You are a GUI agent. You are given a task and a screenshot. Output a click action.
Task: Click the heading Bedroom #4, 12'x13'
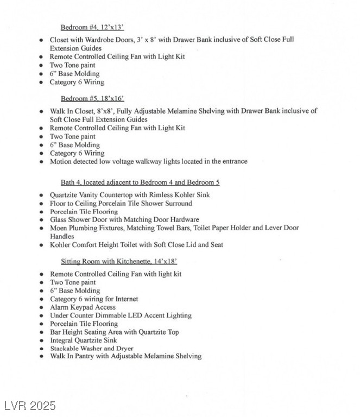click(92, 27)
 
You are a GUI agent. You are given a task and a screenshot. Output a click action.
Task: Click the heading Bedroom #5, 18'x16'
click(92, 98)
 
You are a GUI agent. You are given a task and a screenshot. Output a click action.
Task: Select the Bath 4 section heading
click(140, 182)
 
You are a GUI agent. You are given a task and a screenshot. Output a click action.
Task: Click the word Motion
click(61, 161)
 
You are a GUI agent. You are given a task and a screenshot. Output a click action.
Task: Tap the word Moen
click(59, 228)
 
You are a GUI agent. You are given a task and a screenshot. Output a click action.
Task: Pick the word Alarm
click(60, 307)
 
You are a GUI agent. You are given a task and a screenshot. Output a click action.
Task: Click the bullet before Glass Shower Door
click(42, 220)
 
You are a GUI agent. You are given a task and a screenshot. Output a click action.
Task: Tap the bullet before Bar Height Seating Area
click(42, 332)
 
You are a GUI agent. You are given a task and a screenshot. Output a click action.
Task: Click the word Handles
click(62, 237)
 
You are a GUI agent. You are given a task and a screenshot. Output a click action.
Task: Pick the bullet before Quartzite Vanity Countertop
click(42, 195)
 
